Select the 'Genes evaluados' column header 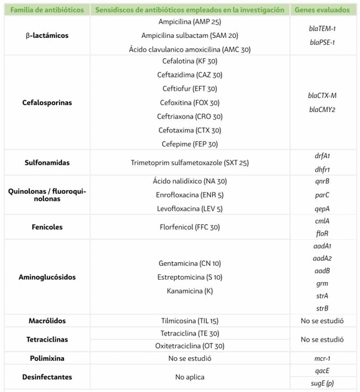322,10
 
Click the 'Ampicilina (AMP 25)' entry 189,22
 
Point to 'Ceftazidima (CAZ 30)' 189,75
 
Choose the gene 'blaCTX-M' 322,96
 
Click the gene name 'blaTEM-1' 322,29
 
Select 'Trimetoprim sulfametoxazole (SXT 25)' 189,163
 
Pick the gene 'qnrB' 322,182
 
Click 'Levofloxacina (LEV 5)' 189,209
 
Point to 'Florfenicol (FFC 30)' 189,227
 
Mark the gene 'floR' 322,234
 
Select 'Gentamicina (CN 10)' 189,263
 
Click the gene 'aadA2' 322,258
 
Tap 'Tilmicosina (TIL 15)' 189,321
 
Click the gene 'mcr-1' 322,358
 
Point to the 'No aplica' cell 189,377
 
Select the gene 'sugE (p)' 322,384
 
